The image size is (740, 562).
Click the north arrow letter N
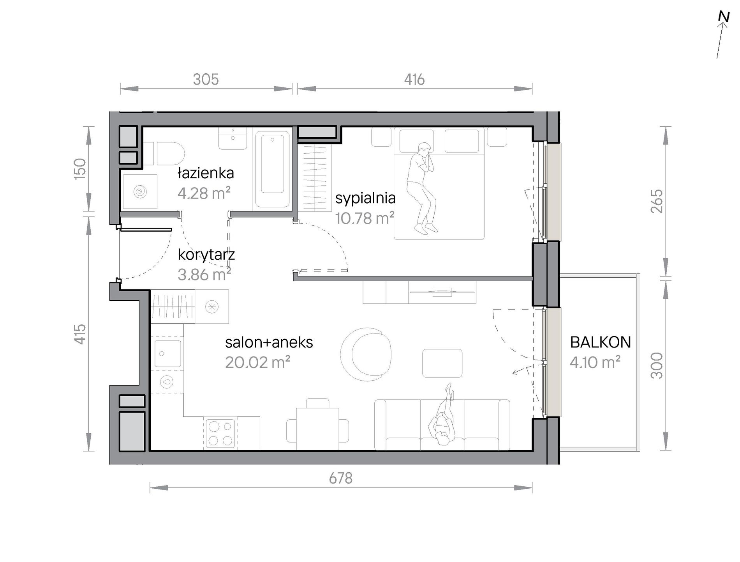tap(724, 17)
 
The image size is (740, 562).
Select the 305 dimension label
tap(206, 80)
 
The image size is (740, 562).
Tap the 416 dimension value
tap(414, 80)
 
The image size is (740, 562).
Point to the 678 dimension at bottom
tap(341, 478)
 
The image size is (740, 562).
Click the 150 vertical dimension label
tap(80, 169)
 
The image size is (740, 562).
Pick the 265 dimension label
tap(657, 201)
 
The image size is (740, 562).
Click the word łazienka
tap(206, 173)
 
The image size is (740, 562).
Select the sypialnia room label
tap(365, 199)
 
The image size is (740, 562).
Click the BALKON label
tap(600, 342)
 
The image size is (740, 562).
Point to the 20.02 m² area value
tap(257, 363)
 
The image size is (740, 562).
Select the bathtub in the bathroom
tap(273, 169)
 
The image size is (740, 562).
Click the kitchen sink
tap(168, 354)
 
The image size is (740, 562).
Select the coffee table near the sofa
tap(442, 363)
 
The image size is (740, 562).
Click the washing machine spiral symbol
tap(140, 191)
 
